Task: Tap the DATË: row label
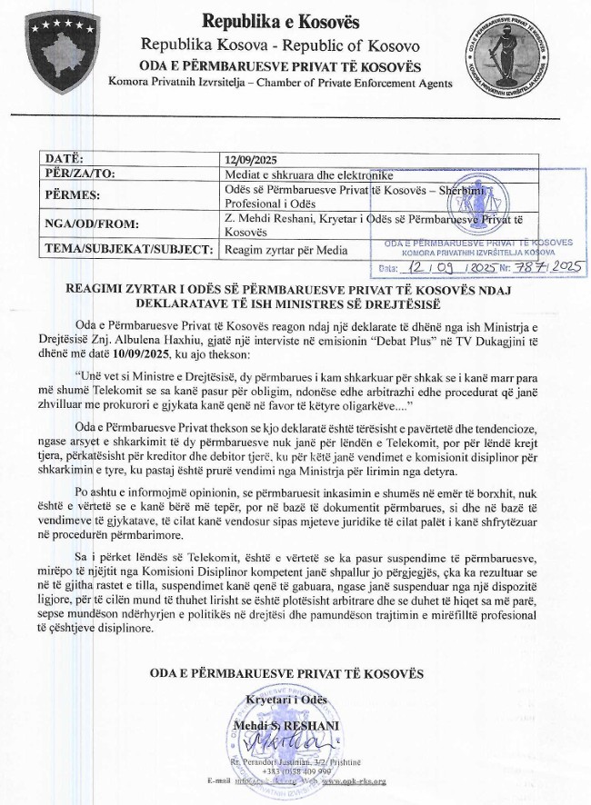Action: pyautogui.click(x=65, y=159)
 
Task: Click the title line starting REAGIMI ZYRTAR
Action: pyautogui.click(x=295, y=288)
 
